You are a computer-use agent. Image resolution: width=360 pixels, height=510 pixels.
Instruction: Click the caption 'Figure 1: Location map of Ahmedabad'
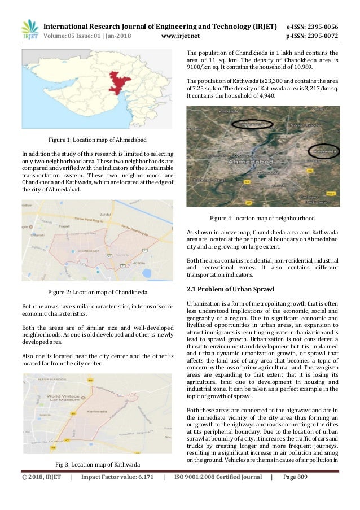[x=98, y=139]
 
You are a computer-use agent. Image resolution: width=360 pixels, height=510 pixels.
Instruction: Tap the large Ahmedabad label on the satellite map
[x=249, y=163]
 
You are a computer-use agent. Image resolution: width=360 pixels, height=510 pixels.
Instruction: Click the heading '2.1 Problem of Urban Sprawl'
[x=230, y=289]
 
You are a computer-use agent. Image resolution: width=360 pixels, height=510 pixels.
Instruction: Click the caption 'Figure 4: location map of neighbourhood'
[x=262, y=218]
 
